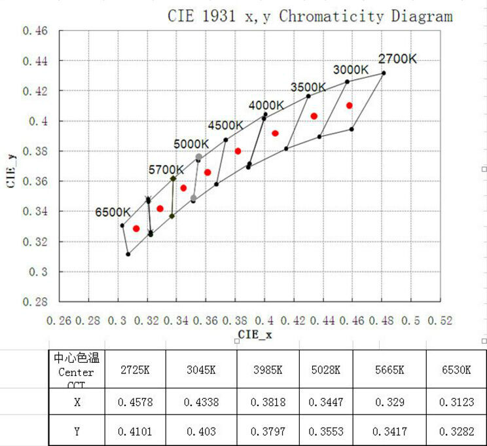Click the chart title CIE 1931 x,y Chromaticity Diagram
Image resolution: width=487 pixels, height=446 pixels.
click(x=310, y=16)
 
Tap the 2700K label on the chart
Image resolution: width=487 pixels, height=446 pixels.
click(x=397, y=58)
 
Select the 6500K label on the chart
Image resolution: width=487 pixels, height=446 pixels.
click(x=113, y=212)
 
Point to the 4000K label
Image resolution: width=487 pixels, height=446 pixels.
click(x=266, y=105)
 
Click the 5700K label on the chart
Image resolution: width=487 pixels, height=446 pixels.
click(x=166, y=170)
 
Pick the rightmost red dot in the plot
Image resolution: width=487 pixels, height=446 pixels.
click(x=350, y=105)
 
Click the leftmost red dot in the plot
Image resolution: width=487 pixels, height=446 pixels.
click(x=136, y=229)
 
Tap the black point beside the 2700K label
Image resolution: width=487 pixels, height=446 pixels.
click(x=384, y=73)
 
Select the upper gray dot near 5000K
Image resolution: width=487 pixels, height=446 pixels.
click(x=199, y=157)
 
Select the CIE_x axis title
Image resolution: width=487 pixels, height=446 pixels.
click(x=256, y=334)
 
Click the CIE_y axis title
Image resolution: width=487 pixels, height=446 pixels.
click(x=11, y=167)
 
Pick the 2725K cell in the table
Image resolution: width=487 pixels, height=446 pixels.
click(x=135, y=369)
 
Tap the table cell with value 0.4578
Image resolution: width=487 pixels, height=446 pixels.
click(x=135, y=402)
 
